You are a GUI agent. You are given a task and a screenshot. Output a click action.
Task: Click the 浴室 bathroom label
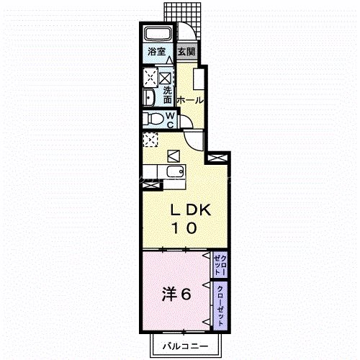point(156,52)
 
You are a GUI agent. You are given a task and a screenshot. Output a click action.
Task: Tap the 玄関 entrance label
point(186,52)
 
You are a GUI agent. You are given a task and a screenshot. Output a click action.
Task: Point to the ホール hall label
point(189,100)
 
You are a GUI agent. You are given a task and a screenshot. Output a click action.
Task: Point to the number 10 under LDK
point(184,228)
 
